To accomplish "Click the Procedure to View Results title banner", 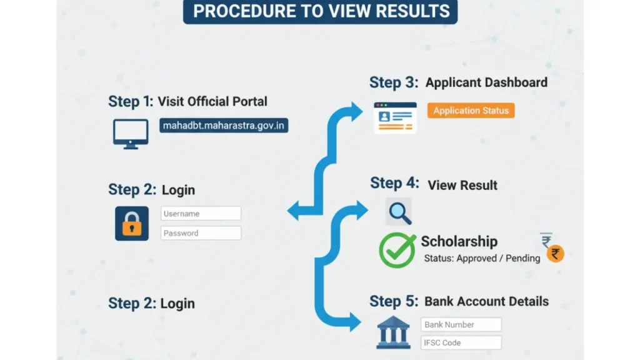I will click(x=320, y=11).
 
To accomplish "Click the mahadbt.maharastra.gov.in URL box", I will click(x=224, y=126).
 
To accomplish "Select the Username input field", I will click(x=201, y=214).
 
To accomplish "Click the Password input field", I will click(x=201, y=233).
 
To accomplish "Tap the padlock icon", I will click(x=132, y=223).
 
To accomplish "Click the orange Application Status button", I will click(x=471, y=111).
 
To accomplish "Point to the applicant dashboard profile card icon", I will click(x=395, y=117).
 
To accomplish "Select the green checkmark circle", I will click(x=397, y=250).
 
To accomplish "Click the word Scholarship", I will click(x=459, y=241).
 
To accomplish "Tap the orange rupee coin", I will click(x=555, y=253).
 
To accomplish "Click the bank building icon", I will click(x=393, y=332).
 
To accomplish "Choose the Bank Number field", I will click(x=461, y=324).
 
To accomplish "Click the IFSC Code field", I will click(x=461, y=342).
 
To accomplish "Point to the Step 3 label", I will click(x=394, y=82).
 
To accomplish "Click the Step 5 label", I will click(x=394, y=301).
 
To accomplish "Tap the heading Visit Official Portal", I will click(x=212, y=101).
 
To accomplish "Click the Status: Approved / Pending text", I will click(x=482, y=258).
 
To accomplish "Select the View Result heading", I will click(x=462, y=185).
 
